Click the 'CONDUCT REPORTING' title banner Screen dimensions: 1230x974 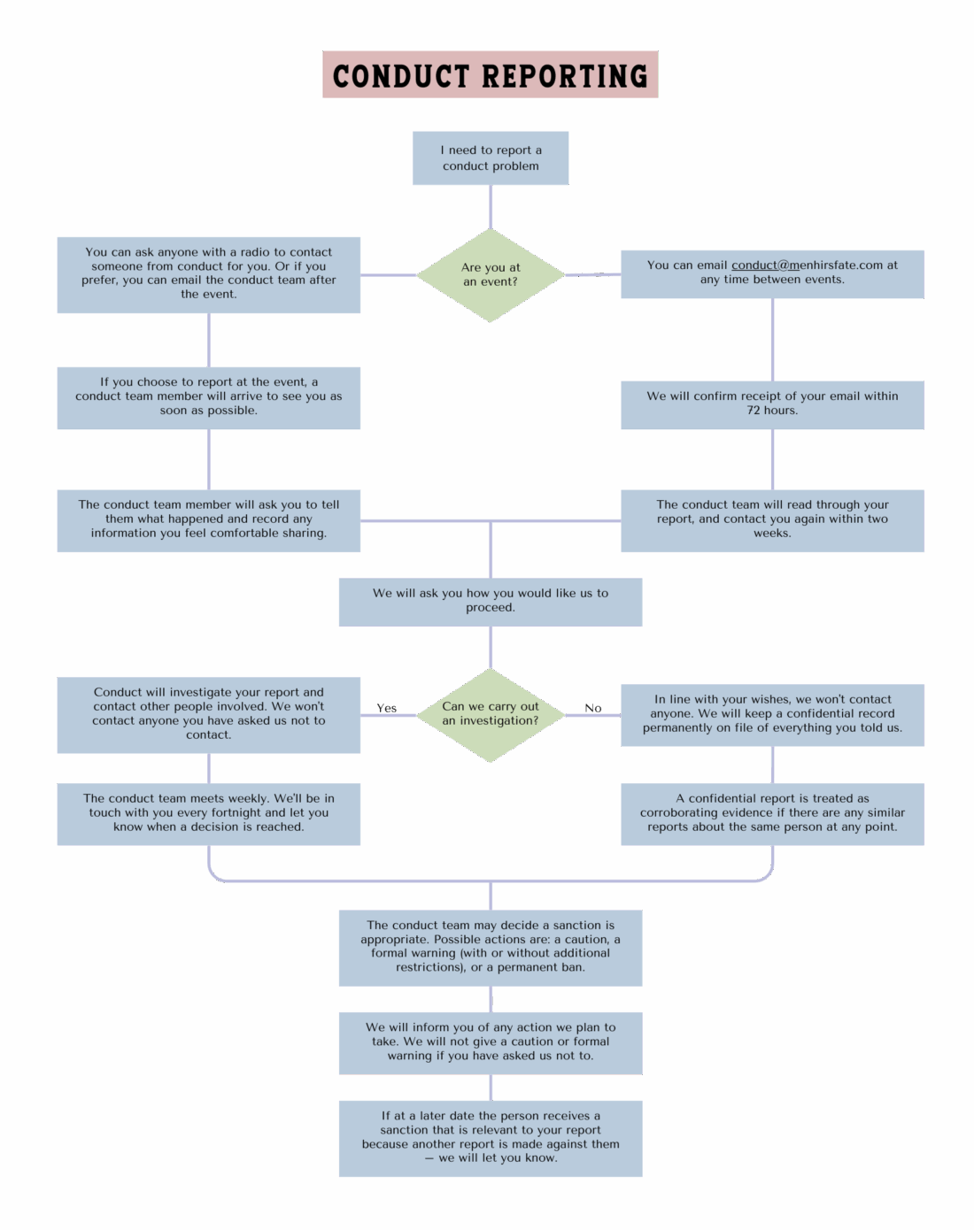[x=490, y=75]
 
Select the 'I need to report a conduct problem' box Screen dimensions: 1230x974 [x=491, y=158]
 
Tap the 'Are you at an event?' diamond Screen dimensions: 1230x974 [x=491, y=275]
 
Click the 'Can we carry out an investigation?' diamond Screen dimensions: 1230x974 [x=491, y=714]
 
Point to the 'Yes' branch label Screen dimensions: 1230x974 [x=387, y=708]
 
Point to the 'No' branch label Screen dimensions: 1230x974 [x=593, y=708]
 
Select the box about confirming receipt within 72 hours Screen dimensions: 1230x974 [x=772, y=404]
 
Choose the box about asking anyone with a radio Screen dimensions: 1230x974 [x=209, y=274]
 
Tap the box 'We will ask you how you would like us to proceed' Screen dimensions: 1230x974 [x=491, y=602]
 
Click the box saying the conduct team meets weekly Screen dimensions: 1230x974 [x=209, y=813]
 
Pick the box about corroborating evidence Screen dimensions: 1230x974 [x=772, y=813]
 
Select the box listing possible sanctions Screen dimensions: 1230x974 [x=491, y=947]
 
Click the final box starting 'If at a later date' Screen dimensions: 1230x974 [x=491, y=1138]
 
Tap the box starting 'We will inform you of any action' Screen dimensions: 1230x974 [x=491, y=1042]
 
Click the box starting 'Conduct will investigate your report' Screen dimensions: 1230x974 [x=209, y=714]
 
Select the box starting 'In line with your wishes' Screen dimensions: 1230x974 [x=772, y=714]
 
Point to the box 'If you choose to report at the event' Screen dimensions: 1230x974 [x=209, y=397]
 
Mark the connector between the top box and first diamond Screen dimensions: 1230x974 [x=491, y=207]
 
